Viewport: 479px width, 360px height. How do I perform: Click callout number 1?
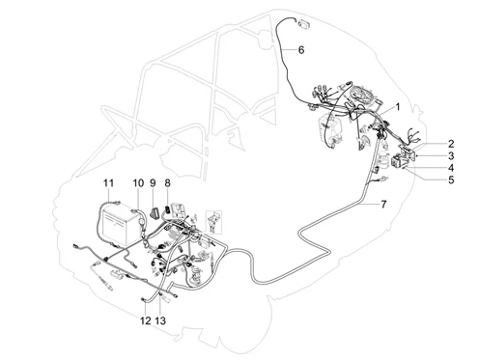click(398, 107)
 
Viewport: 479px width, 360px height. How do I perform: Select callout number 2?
click(451, 144)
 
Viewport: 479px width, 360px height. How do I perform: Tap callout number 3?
click(451, 155)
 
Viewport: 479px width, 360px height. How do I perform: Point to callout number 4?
click(451, 168)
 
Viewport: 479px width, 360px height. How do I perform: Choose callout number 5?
click(451, 180)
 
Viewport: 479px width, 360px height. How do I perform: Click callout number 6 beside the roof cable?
click(301, 50)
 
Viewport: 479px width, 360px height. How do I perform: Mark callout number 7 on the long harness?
click(383, 205)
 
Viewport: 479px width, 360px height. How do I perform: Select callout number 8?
click(167, 183)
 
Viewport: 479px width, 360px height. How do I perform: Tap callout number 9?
click(153, 183)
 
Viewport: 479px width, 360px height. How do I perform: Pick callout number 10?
click(138, 183)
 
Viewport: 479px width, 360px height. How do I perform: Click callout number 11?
click(108, 183)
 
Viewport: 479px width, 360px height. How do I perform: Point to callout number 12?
click(145, 320)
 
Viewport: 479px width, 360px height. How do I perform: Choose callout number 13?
click(160, 320)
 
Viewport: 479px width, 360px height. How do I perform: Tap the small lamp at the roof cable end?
click(303, 23)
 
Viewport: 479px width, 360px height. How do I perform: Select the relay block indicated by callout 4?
click(398, 161)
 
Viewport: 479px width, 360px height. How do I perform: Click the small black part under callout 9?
click(154, 212)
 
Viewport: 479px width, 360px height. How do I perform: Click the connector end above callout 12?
click(143, 300)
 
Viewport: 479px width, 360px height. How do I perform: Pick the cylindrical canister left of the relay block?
click(383, 158)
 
